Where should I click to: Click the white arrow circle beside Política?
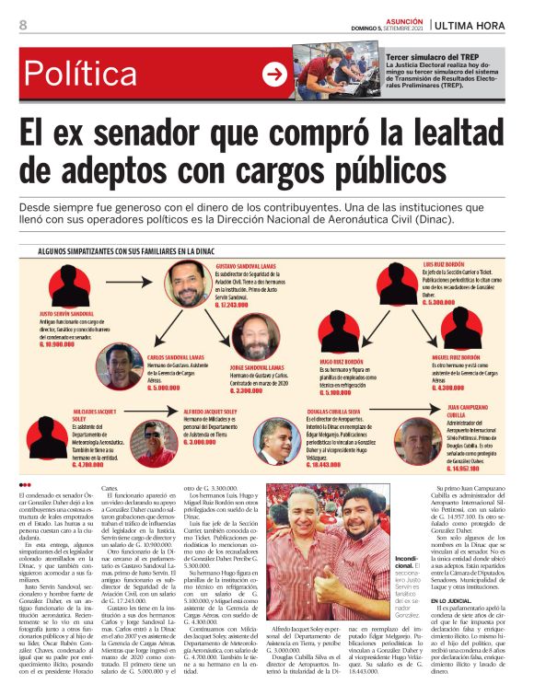coord(273,75)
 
